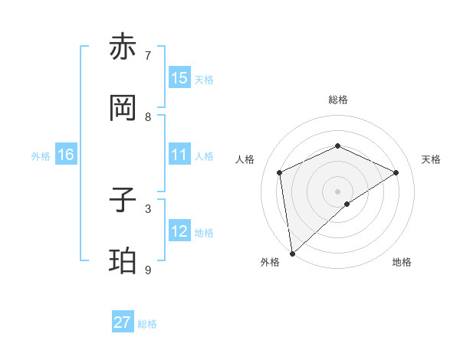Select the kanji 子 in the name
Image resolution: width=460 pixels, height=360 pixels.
point(124,200)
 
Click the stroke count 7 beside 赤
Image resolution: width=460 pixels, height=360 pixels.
point(148,56)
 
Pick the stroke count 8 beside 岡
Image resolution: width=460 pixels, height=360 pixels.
point(148,117)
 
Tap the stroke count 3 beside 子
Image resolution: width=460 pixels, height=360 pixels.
point(148,208)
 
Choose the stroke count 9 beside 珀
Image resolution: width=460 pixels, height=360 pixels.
point(148,270)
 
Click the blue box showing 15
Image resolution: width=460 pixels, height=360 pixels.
point(179,78)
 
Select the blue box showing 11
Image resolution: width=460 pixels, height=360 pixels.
point(179,155)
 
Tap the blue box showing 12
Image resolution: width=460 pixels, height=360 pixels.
point(179,231)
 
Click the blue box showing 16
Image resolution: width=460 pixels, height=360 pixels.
point(66,155)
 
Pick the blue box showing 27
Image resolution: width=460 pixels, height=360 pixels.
point(123,322)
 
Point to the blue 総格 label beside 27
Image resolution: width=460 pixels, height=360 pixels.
point(148,324)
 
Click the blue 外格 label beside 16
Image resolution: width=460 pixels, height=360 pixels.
point(41,156)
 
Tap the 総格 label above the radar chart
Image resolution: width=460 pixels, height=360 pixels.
point(337,100)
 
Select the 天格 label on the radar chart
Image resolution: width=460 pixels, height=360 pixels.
point(432,159)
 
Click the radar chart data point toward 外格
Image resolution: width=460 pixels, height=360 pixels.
point(292,253)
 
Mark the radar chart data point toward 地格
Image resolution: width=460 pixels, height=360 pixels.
point(347,204)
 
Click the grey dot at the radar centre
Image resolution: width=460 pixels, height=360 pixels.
point(337,190)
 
